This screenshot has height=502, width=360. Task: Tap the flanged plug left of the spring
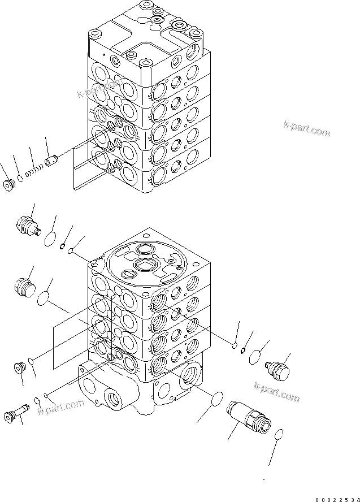coord(10,185)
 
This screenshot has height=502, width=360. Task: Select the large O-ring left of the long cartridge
coord(214,400)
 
